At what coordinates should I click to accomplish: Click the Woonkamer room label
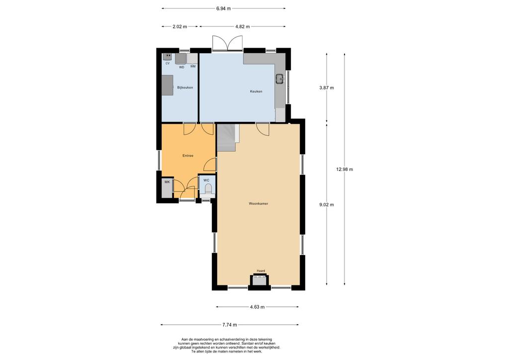pos(258,204)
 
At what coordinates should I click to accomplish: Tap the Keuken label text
pos(256,91)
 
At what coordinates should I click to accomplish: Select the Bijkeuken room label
pos(185,88)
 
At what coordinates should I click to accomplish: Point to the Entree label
pos(187,156)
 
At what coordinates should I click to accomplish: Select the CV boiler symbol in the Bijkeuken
pos(168,57)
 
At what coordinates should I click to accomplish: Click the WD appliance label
pos(182,67)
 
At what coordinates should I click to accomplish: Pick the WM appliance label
pos(193,67)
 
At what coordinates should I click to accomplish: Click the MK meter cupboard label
pos(167,182)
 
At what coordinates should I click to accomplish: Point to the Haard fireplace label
pos(260,271)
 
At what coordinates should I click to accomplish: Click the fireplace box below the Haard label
pos(259,281)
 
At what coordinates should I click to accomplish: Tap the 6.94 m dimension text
pos(223,9)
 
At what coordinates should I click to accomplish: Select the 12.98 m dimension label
pos(345,170)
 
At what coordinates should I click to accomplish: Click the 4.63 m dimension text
pos(257,307)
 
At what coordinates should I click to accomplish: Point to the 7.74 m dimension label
pos(230,325)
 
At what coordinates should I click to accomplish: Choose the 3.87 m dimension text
pos(327,88)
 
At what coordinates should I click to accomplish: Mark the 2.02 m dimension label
pos(179,27)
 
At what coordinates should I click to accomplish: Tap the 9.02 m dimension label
pos(327,205)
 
